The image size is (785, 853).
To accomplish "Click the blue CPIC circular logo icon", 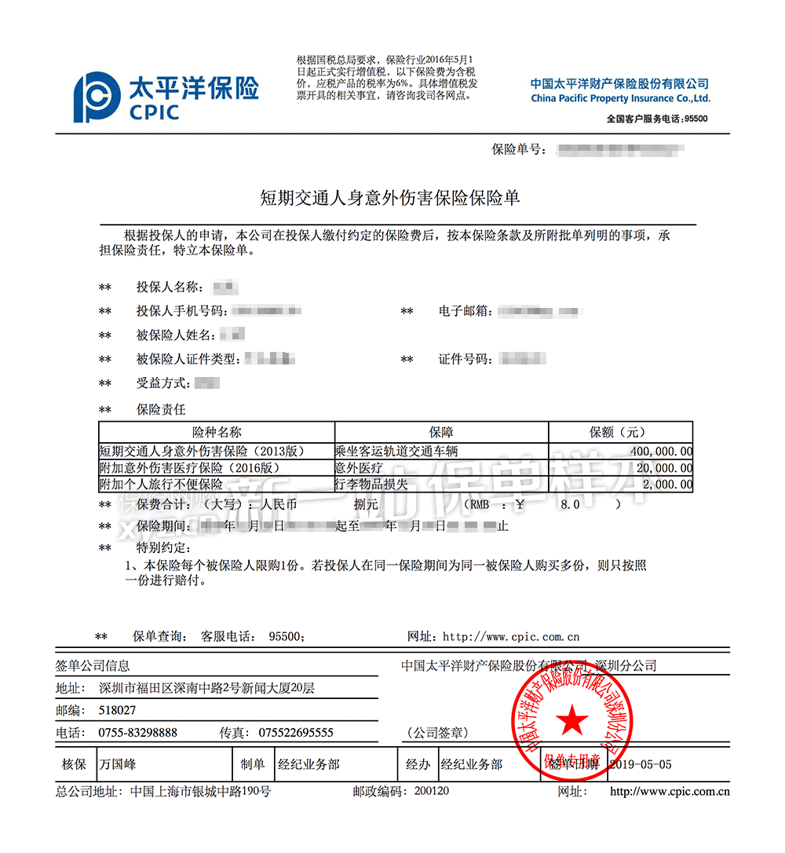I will (x=97, y=98).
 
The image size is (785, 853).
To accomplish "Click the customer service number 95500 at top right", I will (x=696, y=119).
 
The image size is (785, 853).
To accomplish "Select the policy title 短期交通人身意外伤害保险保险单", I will (x=390, y=198).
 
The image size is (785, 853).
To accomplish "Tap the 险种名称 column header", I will (x=217, y=432).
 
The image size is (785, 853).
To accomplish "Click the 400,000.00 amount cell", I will (x=661, y=451).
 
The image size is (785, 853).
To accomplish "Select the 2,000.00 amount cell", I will (x=667, y=485).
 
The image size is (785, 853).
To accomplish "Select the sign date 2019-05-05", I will (x=641, y=764).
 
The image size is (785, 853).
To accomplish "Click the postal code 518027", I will (x=117, y=710).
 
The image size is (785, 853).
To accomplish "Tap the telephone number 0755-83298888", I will (x=137, y=733).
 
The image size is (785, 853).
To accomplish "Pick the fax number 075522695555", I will (x=296, y=733).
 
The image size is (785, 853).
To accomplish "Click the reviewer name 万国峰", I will (x=118, y=764).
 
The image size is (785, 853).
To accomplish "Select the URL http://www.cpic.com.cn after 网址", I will (x=511, y=637).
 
